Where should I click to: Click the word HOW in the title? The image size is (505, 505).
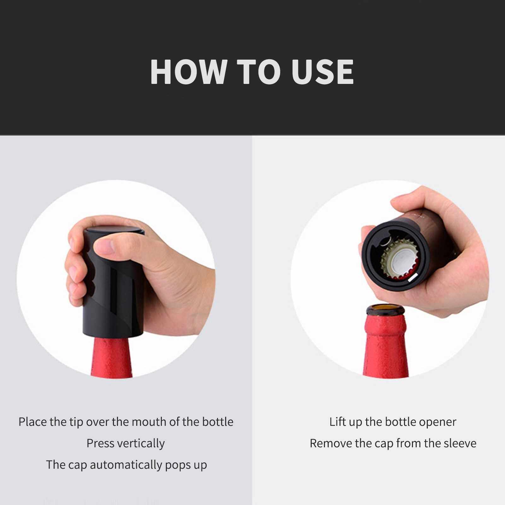[189, 72]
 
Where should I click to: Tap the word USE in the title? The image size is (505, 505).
[323, 72]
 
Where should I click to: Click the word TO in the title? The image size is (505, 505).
[259, 72]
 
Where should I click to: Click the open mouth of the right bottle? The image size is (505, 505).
[385, 308]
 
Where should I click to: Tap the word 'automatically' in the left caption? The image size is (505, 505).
[126, 465]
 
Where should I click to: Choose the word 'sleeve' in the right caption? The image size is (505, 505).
[460, 443]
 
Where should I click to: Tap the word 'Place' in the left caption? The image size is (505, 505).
[32, 422]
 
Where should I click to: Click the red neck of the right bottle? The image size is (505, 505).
[386, 347]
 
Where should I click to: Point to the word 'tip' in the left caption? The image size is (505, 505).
[76, 422]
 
